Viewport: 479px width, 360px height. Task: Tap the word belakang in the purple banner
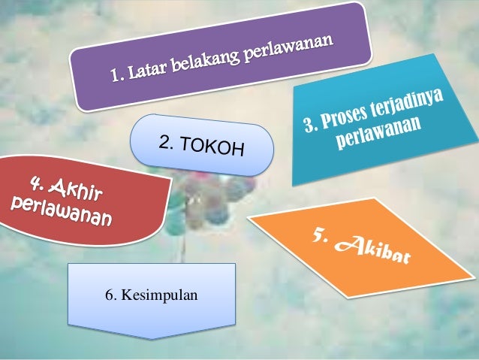point(206,61)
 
